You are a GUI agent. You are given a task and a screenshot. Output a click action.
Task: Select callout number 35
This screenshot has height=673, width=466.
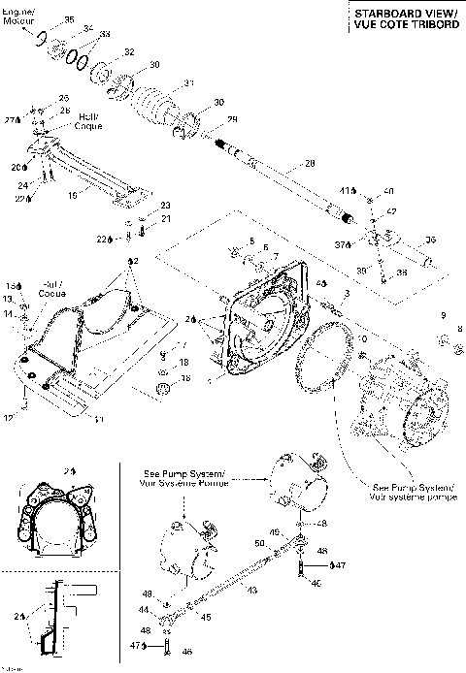pyautogui.click(x=68, y=19)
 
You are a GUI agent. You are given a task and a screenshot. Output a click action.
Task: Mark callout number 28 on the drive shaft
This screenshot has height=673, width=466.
pyautogui.click(x=310, y=163)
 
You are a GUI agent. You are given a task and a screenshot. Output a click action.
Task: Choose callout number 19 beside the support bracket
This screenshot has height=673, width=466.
pyautogui.click(x=71, y=193)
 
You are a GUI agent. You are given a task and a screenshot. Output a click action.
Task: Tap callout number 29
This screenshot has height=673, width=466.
pyautogui.click(x=231, y=119)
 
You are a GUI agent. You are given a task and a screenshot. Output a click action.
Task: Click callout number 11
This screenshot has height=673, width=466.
pyautogui.click(x=97, y=420)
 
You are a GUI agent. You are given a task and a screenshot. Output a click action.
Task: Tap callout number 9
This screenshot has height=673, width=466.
pyautogui.click(x=442, y=316)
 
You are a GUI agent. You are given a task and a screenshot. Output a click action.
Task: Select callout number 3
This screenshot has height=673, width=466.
pyautogui.click(x=347, y=292)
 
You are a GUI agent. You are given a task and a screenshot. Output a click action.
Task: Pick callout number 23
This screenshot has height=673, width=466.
pyautogui.click(x=165, y=206)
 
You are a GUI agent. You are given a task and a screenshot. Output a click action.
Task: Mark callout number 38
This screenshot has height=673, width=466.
pyautogui.click(x=403, y=274)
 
